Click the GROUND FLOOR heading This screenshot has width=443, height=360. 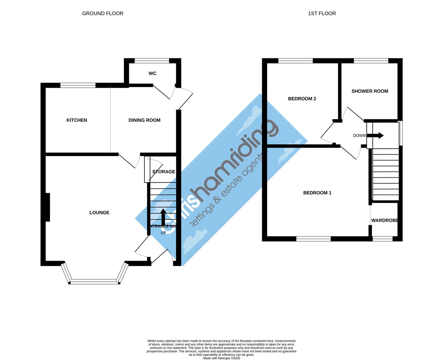(103, 14)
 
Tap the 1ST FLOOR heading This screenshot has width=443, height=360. (322, 14)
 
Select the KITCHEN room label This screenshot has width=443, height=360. (77, 120)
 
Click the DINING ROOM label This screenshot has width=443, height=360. (144, 120)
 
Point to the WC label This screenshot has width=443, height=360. (152, 74)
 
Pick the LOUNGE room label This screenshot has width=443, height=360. (99, 213)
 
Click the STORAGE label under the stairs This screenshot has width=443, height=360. (163, 172)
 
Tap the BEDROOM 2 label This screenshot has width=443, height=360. (302, 99)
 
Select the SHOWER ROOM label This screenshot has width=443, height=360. (370, 91)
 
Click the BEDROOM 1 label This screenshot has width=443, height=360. (317, 193)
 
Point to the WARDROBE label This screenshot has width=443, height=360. (385, 221)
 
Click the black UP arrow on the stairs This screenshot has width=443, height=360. (163, 217)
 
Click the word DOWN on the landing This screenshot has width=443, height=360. (359, 136)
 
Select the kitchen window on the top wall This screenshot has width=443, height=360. (78, 85)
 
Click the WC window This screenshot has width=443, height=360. (152, 61)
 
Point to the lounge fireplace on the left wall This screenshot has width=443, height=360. (48, 207)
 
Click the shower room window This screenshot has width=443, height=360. (371, 61)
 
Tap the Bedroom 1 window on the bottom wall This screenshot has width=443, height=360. (314, 239)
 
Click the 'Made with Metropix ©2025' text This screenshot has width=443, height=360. (221, 358)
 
